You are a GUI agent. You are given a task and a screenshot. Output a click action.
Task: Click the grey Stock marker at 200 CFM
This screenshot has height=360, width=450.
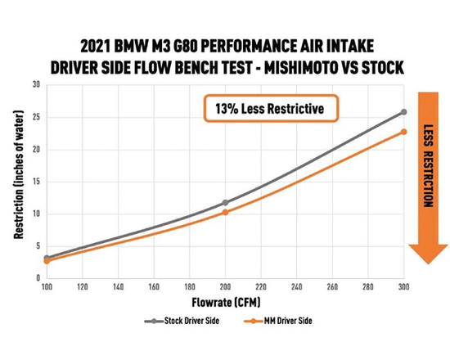point(225,202)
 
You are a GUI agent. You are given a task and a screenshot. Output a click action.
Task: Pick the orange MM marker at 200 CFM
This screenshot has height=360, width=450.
point(225,212)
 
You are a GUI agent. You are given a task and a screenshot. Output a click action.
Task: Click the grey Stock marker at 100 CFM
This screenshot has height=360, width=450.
point(47,259)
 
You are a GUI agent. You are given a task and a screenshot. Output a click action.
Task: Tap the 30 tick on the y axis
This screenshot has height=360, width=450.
point(35,84)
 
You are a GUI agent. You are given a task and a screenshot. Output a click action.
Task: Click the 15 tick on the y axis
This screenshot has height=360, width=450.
point(35,182)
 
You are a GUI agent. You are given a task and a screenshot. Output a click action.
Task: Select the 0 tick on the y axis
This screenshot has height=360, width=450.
point(37,278)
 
